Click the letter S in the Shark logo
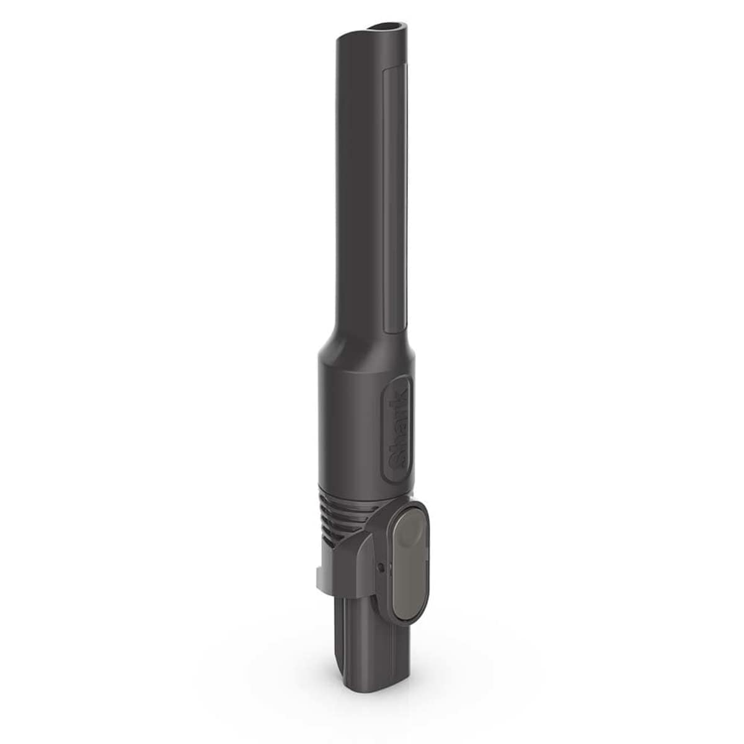396,461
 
